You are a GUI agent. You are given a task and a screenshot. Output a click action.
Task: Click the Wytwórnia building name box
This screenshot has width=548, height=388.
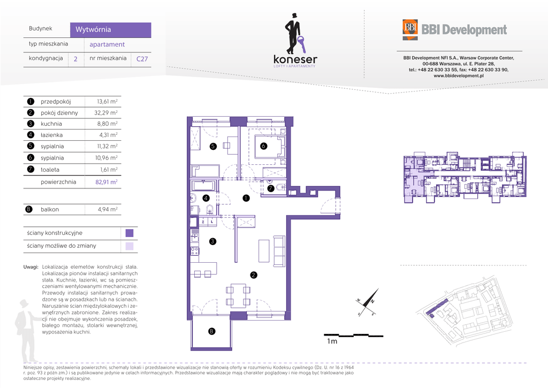[x=110, y=30]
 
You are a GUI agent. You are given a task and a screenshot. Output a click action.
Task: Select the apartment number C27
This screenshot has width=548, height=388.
[x=142, y=59]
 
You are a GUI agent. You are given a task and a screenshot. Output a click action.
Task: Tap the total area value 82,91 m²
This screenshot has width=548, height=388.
[x=106, y=182]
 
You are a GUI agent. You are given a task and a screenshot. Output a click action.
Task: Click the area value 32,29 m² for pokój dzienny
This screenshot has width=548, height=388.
[x=106, y=113]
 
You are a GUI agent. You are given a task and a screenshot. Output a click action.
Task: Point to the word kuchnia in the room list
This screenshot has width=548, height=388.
[x=51, y=124]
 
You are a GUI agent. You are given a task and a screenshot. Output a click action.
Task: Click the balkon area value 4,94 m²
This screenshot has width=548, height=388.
[x=108, y=209]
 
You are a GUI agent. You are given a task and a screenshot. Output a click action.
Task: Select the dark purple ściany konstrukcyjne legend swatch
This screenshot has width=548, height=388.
[x=130, y=233]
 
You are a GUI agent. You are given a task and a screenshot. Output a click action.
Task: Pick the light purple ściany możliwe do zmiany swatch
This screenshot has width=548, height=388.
[x=130, y=246]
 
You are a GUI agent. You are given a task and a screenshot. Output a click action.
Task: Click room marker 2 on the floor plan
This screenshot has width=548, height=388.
[x=254, y=275]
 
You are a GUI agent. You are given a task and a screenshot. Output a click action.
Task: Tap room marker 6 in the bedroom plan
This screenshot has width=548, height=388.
[x=263, y=146]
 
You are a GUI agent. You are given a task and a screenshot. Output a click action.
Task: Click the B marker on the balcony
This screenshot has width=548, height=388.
[x=211, y=331]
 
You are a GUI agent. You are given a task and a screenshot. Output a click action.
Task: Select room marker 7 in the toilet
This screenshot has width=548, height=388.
[x=270, y=188]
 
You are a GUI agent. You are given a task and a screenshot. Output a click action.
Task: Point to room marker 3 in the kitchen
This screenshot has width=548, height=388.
[x=212, y=241]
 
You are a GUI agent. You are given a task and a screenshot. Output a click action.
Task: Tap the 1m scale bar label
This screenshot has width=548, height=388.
[x=332, y=341]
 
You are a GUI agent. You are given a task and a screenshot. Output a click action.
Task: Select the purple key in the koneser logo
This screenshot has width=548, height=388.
[x=302, y=44]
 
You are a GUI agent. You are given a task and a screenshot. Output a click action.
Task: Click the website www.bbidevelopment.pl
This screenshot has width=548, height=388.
[x=459, y=76]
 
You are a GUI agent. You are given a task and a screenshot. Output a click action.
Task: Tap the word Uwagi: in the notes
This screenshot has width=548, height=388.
[x=31, y=267]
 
